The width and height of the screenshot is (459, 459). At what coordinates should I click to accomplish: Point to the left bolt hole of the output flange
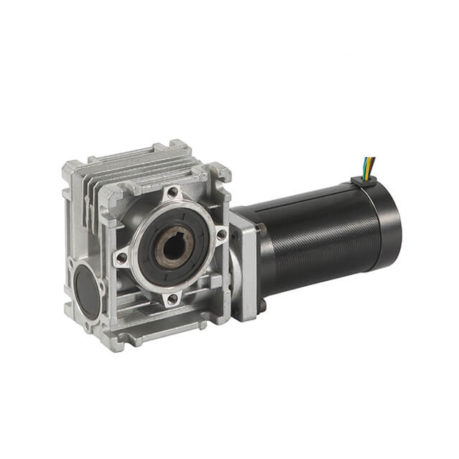coord(123,257)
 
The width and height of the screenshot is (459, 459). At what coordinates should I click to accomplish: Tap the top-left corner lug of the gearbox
coord(72,171)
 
